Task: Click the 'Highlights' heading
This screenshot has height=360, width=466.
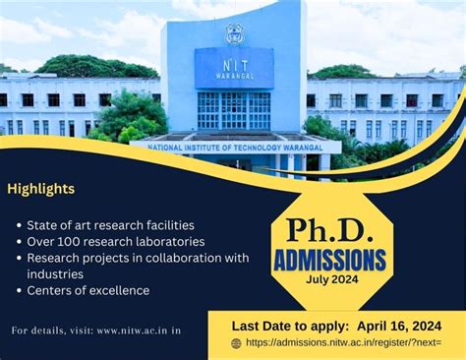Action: point(41,188)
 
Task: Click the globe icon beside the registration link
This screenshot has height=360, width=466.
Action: point(237,343)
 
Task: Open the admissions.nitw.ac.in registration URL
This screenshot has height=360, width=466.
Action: point(344,343)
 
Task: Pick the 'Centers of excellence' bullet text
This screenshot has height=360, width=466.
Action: point(88,290)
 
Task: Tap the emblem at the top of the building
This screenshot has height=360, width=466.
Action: point(233,32)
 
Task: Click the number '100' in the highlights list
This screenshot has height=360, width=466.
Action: point(72,241)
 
